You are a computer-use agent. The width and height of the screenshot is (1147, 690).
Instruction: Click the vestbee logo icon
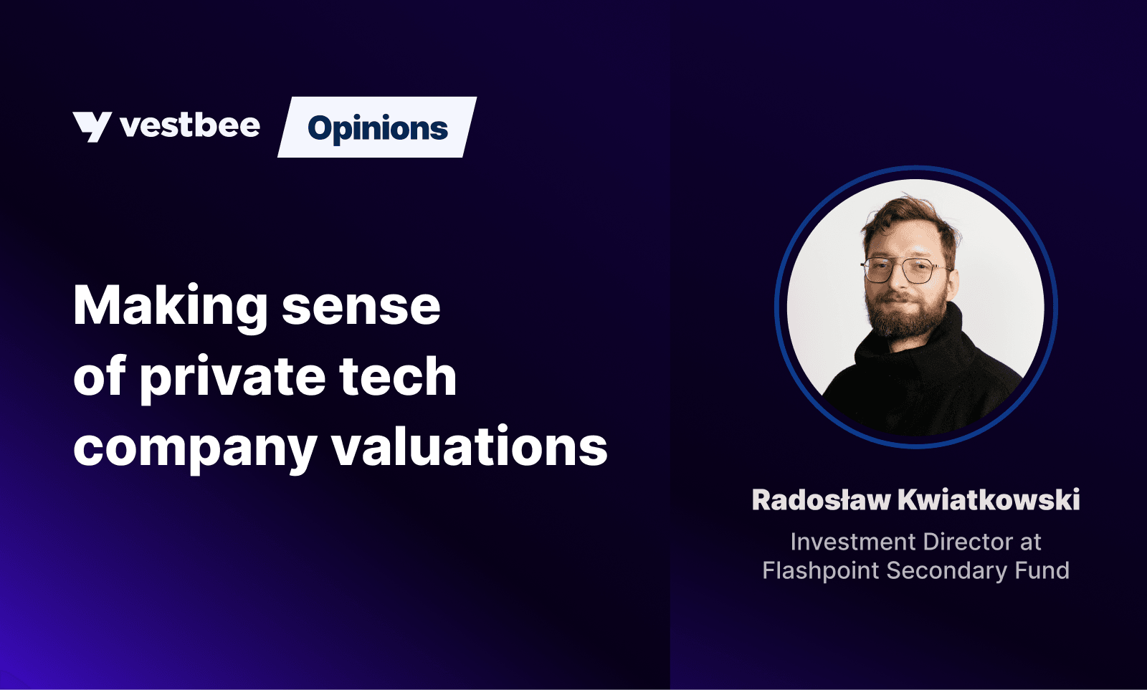tap(92, 126)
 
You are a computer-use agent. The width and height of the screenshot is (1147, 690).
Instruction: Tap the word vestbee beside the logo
tap(190, 125)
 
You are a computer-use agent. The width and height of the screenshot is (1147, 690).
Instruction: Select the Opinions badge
tap(377, 127)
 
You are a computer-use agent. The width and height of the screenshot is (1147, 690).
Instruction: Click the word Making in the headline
tap(170, 305)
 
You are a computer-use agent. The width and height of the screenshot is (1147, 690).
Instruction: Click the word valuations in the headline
tap(470, 446)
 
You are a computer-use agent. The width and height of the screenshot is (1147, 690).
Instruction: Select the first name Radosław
tap(822, 499)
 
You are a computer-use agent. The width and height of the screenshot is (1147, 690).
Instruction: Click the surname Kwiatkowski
tap(989, 499)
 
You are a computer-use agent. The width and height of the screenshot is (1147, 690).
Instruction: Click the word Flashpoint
tap(820, 571)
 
